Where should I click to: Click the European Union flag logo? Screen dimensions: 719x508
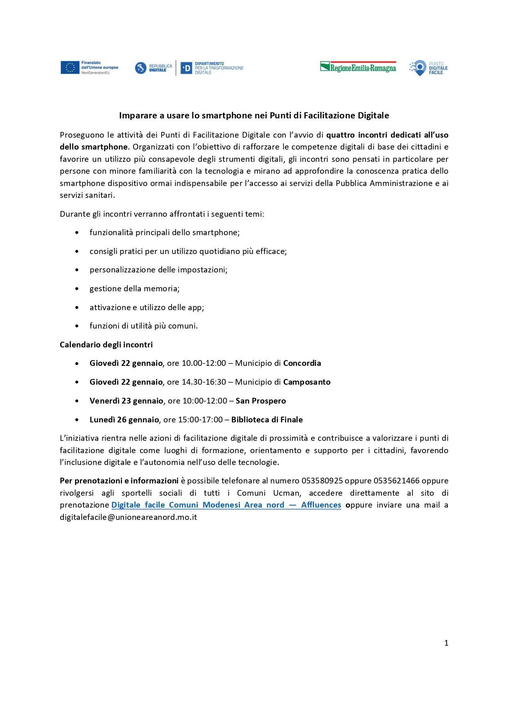point(70,68)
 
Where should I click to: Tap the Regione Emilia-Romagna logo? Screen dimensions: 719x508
point(358,67)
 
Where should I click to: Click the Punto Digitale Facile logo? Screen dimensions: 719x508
point(428,68)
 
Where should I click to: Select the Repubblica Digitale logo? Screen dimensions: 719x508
point(154,68)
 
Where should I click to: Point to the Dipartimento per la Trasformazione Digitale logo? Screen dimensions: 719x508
point(212,68)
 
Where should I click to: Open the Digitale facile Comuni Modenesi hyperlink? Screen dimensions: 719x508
point(226,505)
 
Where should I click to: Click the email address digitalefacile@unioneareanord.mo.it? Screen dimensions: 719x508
point(128,517)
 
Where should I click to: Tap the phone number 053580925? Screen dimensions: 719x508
point(322,481)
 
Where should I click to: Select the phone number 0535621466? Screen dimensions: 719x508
point(396,481)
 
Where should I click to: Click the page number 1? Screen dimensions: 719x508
point(446,643)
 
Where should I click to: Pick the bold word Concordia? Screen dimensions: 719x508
point(302,363)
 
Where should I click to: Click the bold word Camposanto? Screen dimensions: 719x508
point(307,382)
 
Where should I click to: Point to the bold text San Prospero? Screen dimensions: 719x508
point(261,401)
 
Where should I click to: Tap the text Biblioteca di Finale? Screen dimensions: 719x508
point(267,420)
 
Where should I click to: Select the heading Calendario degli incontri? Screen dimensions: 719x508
point(106,345)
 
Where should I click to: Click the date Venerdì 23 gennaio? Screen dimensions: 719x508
point(126,401)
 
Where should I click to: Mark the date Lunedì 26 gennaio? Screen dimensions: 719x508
point(124,420)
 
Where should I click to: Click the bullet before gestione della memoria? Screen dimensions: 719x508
point(77,289)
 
